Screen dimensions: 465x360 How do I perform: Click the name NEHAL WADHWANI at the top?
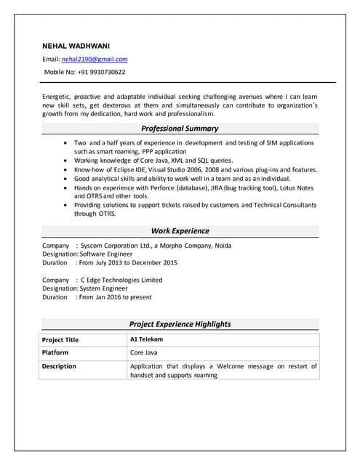[76, 46]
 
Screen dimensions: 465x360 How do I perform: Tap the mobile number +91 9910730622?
[102, 72]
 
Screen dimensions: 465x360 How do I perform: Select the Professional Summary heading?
[180, 128]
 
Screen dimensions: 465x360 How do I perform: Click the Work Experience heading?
[180, 231]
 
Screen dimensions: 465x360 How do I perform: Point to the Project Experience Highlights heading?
[180, 324]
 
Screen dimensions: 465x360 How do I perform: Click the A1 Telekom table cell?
[146, 339]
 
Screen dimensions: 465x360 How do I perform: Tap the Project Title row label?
[60, 340]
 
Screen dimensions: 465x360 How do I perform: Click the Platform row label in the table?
[55, 352]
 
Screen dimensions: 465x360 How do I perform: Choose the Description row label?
[59, 366]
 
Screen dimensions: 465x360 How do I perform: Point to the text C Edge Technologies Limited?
[121, 280]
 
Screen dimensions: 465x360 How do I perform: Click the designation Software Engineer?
[106, 254]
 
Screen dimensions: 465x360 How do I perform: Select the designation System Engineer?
[104, 288]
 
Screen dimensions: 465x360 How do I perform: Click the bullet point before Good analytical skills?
[67, 178]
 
